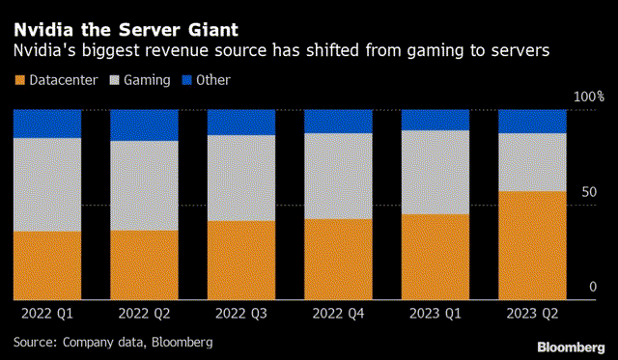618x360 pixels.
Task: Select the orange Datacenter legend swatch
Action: [18, 80]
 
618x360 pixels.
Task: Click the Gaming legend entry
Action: [145, 80]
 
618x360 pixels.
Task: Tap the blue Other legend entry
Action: [205, 80]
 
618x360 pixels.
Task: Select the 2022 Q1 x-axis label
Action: [46, 314]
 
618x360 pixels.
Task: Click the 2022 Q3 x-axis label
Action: [241, 314]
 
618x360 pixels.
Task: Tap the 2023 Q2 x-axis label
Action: [532, 314]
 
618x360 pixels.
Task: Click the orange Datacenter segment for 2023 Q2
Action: [532, 245]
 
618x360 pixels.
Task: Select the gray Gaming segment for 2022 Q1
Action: [46, 184]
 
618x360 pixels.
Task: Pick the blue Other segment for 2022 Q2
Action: [144, 125]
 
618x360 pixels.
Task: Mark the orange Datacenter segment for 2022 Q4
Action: [338, 259]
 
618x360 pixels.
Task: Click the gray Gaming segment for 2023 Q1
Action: [435, 172]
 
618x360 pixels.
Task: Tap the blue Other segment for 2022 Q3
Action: [241, 122]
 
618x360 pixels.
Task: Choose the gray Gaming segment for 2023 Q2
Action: [532, 162]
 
